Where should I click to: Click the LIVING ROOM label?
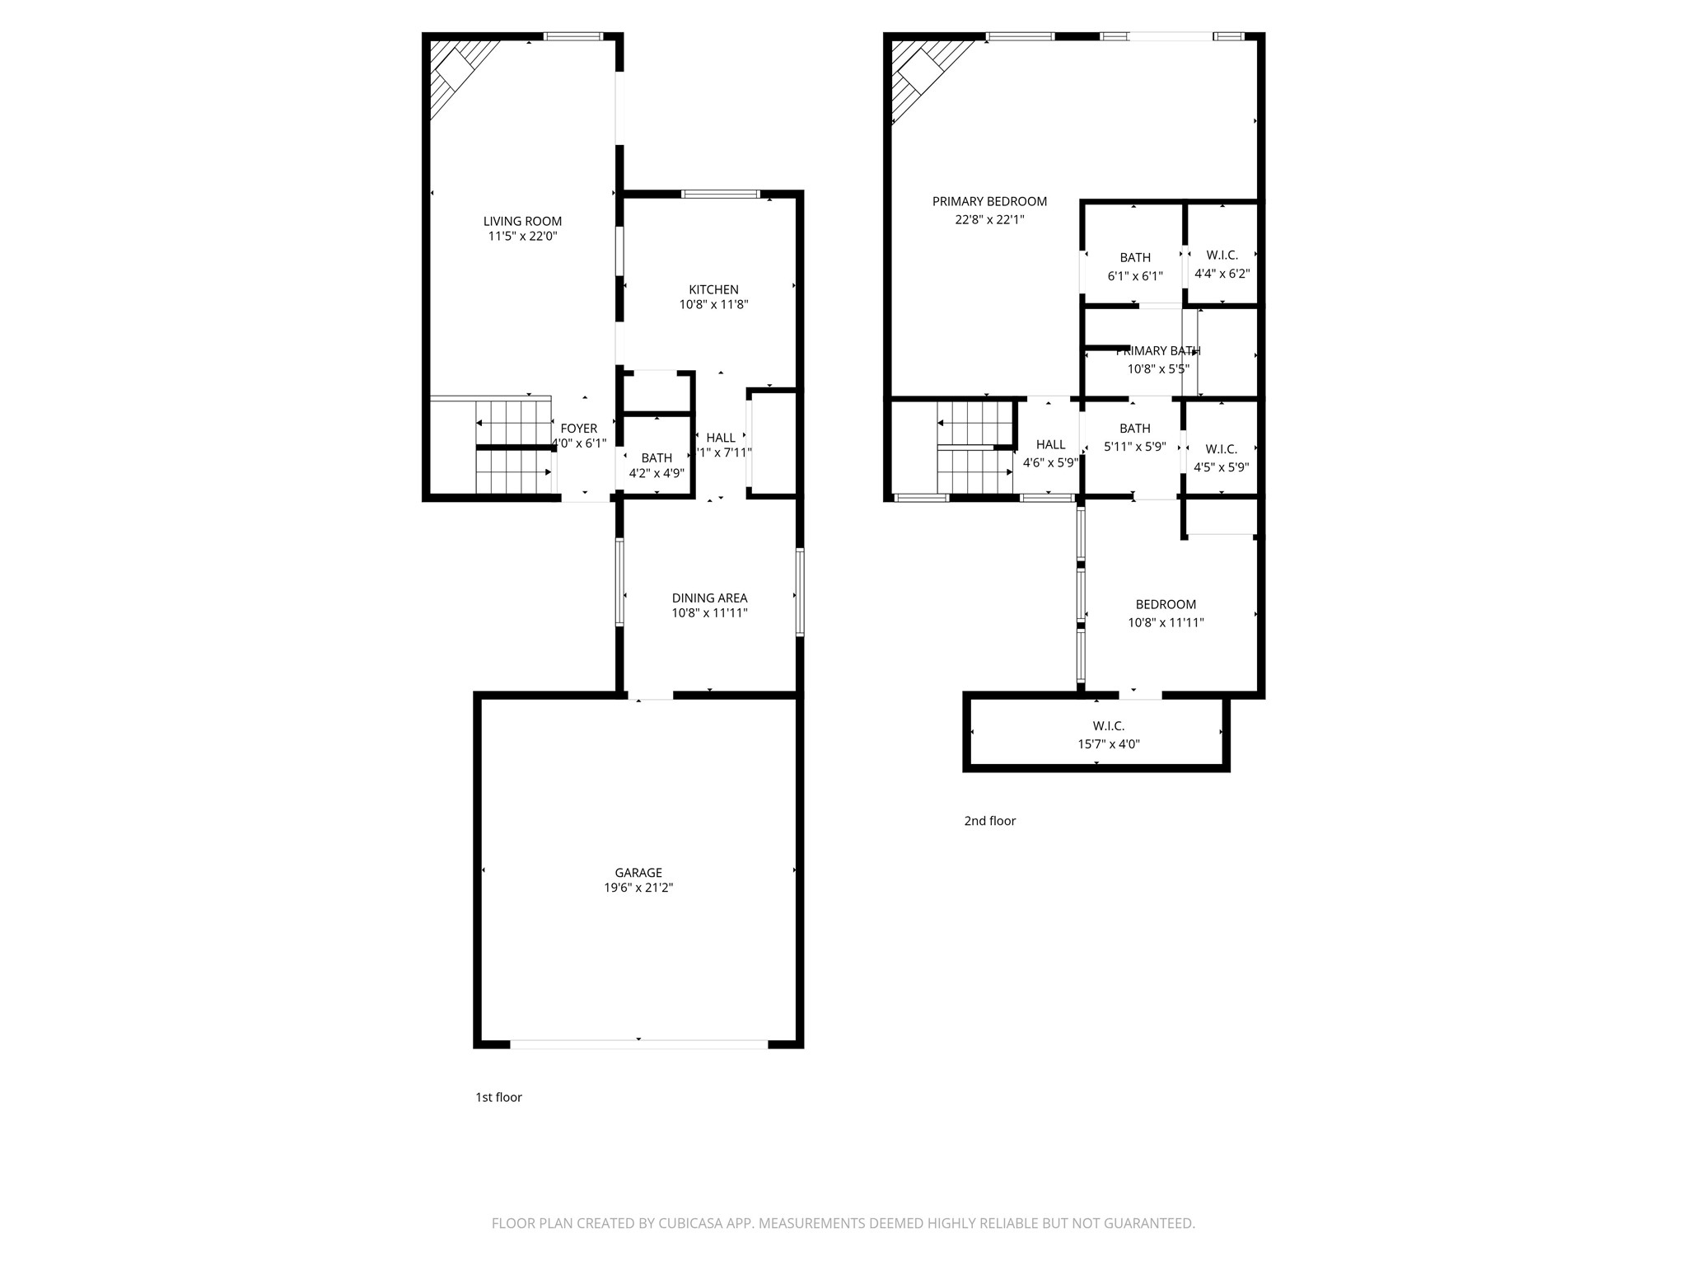522,221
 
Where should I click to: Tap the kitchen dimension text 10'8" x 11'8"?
713,305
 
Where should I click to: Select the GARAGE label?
638,873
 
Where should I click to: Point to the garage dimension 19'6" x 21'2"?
638,888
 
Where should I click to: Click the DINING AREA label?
709,598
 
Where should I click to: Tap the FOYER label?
578,429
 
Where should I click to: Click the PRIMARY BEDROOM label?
989,202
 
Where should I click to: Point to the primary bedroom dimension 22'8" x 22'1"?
989,220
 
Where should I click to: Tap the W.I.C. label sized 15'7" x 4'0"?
1108,726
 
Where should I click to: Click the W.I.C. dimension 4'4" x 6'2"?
1222,274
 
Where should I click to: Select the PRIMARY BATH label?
1158,351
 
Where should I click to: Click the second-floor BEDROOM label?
1166,605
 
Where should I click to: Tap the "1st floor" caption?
498,1097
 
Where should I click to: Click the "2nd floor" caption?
989,821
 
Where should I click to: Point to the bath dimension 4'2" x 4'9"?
657,474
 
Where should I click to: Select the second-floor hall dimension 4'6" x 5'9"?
1050,463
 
